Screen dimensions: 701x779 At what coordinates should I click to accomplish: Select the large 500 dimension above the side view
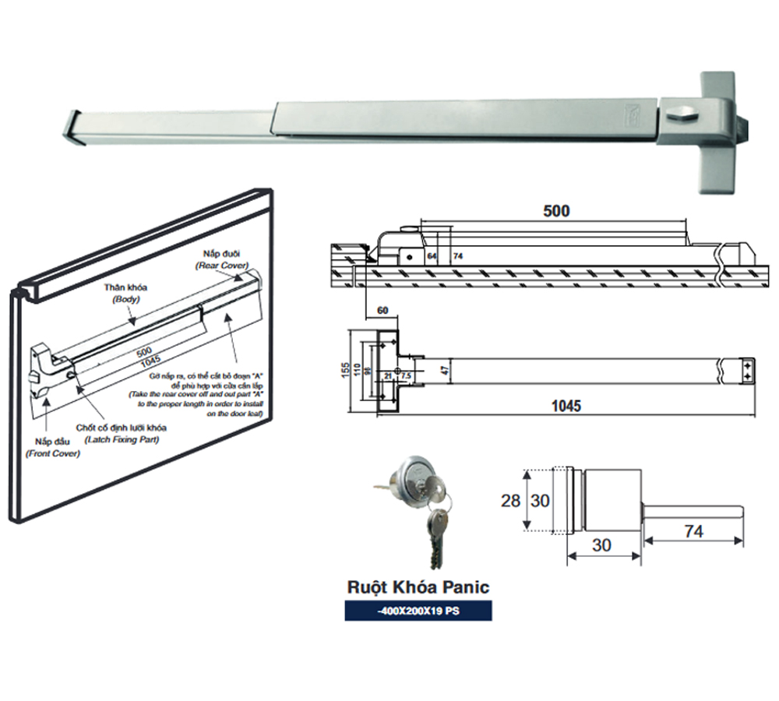point(556,211)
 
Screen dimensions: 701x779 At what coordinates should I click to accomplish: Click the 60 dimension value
point(382,311)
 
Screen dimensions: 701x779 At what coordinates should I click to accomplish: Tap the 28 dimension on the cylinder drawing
point(510,502)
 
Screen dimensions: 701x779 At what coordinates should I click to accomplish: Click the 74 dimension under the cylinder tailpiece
point(693,531)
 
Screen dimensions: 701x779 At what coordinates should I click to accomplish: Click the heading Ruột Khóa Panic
point(418,586)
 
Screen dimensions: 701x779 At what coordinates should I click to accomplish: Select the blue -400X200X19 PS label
point(418,611)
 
